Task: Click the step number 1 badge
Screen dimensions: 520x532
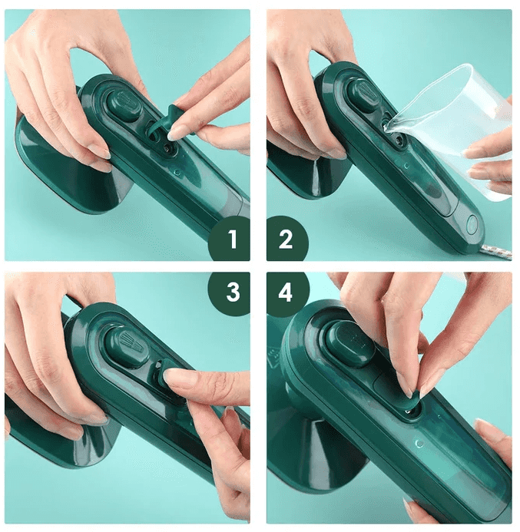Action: coord(230,240)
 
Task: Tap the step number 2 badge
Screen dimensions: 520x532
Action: coord(286,240)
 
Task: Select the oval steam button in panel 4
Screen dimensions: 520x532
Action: coord(350,342)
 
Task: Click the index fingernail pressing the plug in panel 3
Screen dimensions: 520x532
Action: coord(176,377)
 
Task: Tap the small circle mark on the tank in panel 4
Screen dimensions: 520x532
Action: coord(419,444)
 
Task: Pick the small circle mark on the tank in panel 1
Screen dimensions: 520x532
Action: coord(177,173)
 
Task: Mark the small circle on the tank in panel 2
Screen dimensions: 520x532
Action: coord(406,166)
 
